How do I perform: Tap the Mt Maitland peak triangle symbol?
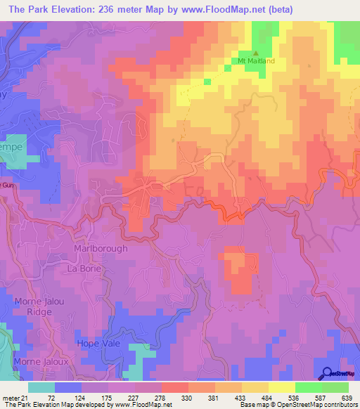256,53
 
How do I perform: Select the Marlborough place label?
101,249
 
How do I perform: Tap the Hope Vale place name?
98,343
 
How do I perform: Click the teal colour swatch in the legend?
41,387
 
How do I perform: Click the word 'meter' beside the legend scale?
11,397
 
